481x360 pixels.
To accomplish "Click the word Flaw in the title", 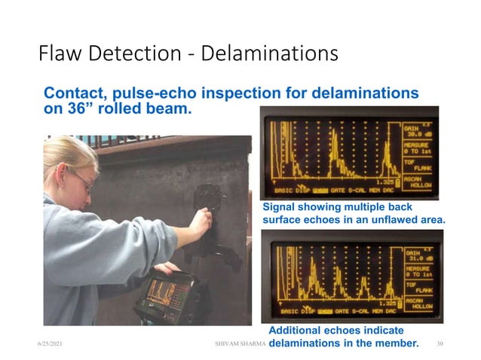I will click(x=58, y=55).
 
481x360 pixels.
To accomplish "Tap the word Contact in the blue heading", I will click(x=74, y=94).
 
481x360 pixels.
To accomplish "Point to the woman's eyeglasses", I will click(x=81, y=179).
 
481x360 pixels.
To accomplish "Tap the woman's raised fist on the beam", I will click(x=201, y=222).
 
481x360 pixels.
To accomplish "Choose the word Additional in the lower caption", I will click(x=296, y=331).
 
